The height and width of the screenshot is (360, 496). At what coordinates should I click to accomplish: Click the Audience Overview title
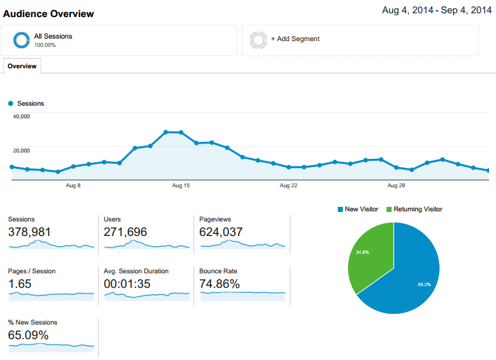click(49, 13)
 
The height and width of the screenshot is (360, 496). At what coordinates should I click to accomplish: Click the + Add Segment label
click(295, 39)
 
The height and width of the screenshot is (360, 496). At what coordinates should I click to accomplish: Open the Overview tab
click(22, 66)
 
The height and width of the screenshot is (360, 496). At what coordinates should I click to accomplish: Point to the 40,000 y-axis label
click(22, 116)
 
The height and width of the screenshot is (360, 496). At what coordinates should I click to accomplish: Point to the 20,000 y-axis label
click(22, 151)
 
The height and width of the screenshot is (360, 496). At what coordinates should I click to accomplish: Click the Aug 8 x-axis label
click(73, 185)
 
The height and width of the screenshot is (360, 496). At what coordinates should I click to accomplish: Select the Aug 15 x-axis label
click(181, 185)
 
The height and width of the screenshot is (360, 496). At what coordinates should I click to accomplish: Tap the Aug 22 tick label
click(288, 185)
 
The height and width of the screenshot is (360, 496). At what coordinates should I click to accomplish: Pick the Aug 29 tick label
click(396, 185)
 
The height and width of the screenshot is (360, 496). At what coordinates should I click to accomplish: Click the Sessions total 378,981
click(29, 232)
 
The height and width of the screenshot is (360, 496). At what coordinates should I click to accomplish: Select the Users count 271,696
click(125, 232)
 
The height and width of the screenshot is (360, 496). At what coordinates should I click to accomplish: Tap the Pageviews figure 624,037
click(221, 232)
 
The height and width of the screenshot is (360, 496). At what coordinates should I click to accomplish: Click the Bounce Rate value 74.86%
click(220, 284)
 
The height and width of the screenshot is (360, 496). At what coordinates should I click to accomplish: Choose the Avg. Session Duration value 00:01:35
click(127, 284)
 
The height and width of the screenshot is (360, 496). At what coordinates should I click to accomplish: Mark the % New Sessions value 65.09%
click(28, 335)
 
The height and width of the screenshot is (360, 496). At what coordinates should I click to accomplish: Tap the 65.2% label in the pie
click(424, 284)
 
